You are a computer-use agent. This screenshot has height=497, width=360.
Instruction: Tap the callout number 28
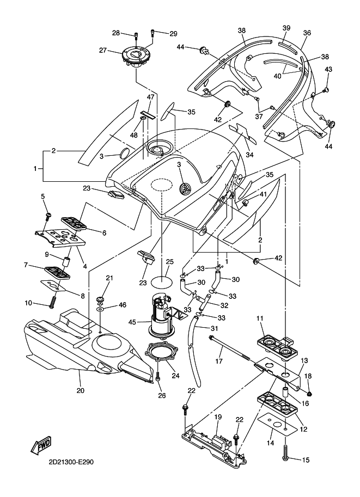[x=116, y=33]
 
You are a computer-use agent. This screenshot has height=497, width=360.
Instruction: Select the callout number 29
[x=173, y=34]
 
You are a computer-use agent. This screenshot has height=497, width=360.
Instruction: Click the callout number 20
[x=80, y=390]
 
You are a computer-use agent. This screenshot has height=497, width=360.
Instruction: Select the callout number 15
[x=305, y=461]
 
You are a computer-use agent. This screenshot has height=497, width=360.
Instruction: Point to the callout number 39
[x=286, y=28]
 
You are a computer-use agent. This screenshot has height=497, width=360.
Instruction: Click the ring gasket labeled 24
[x=162, y=352]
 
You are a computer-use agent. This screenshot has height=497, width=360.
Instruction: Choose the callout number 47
[x=151, y=97]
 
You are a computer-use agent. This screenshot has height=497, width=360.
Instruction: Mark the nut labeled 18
[x=309, y=394]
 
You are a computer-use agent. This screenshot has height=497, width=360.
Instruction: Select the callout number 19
[x=217, y=417]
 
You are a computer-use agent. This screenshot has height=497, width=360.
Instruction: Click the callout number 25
[x=169, y=262]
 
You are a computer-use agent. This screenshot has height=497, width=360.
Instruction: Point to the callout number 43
[x=328, y=69]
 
